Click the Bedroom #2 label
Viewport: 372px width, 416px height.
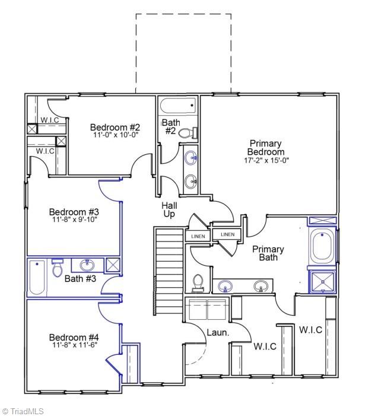pyautogui.click(x=115, y=127)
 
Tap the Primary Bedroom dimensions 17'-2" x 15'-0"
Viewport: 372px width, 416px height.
pyautogui.click(x=265, y=161)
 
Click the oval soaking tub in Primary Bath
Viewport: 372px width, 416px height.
pyautogui.click(x=322, y=247)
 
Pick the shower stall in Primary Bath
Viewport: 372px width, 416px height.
pyautogui.click(x=322, y=282)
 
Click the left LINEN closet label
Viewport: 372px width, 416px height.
pyautogui.click(x=198, y=236)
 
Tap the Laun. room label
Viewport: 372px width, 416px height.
pyautogui.click(x=218, y=333)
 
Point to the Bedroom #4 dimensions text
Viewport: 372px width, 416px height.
pyautogui.click(x=74, y=345)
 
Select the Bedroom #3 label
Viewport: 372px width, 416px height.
pyautogui.click(x=74, y=212)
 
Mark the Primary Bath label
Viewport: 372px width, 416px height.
pyautogui.click(x=268, y=253)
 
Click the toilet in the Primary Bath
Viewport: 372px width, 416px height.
pyautogui.click(x=198, y=282)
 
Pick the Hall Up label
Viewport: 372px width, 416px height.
pyautogui.click(x=169, y=209)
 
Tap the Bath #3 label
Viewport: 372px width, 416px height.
pyautogui.click(x=80, y=278)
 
